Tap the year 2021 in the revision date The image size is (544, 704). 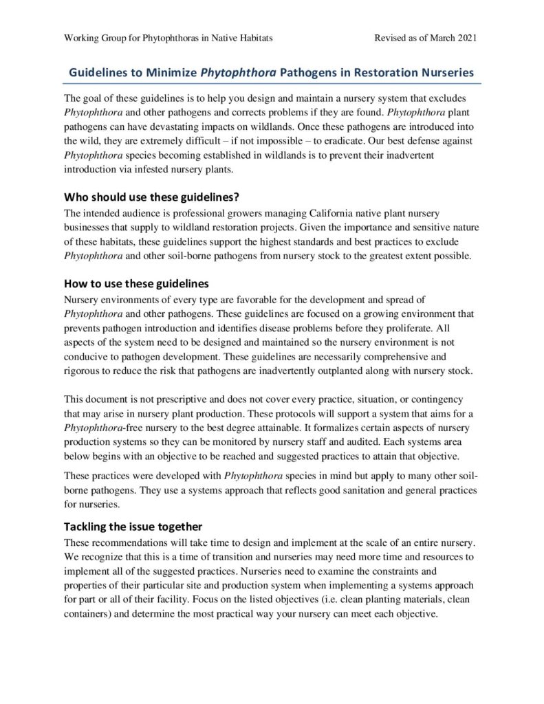tap(465, 38)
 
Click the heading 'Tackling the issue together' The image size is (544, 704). tap(133, 527)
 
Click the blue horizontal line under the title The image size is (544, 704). tap(272, 84)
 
